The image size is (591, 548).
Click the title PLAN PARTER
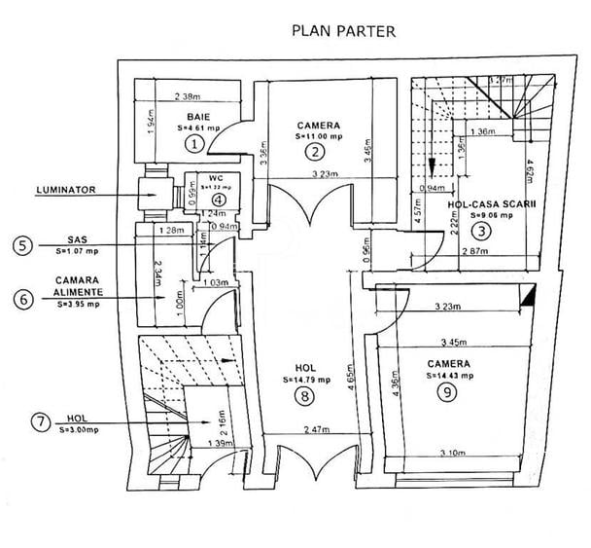click(x=343, y=31)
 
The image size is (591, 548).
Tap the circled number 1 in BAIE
click(x=194, y=145)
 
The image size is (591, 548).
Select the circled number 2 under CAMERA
click(x=313, y=151)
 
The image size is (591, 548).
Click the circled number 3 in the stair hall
click(x=479, y=231)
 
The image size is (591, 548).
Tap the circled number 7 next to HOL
click(x=39, y=421)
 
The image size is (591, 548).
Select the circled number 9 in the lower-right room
click(x=446, y=392)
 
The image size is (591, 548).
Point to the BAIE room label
click(x=200, y=117)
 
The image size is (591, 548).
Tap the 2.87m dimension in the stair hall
click(x=476, y=252)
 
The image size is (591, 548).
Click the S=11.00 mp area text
click(x=316, y=137)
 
